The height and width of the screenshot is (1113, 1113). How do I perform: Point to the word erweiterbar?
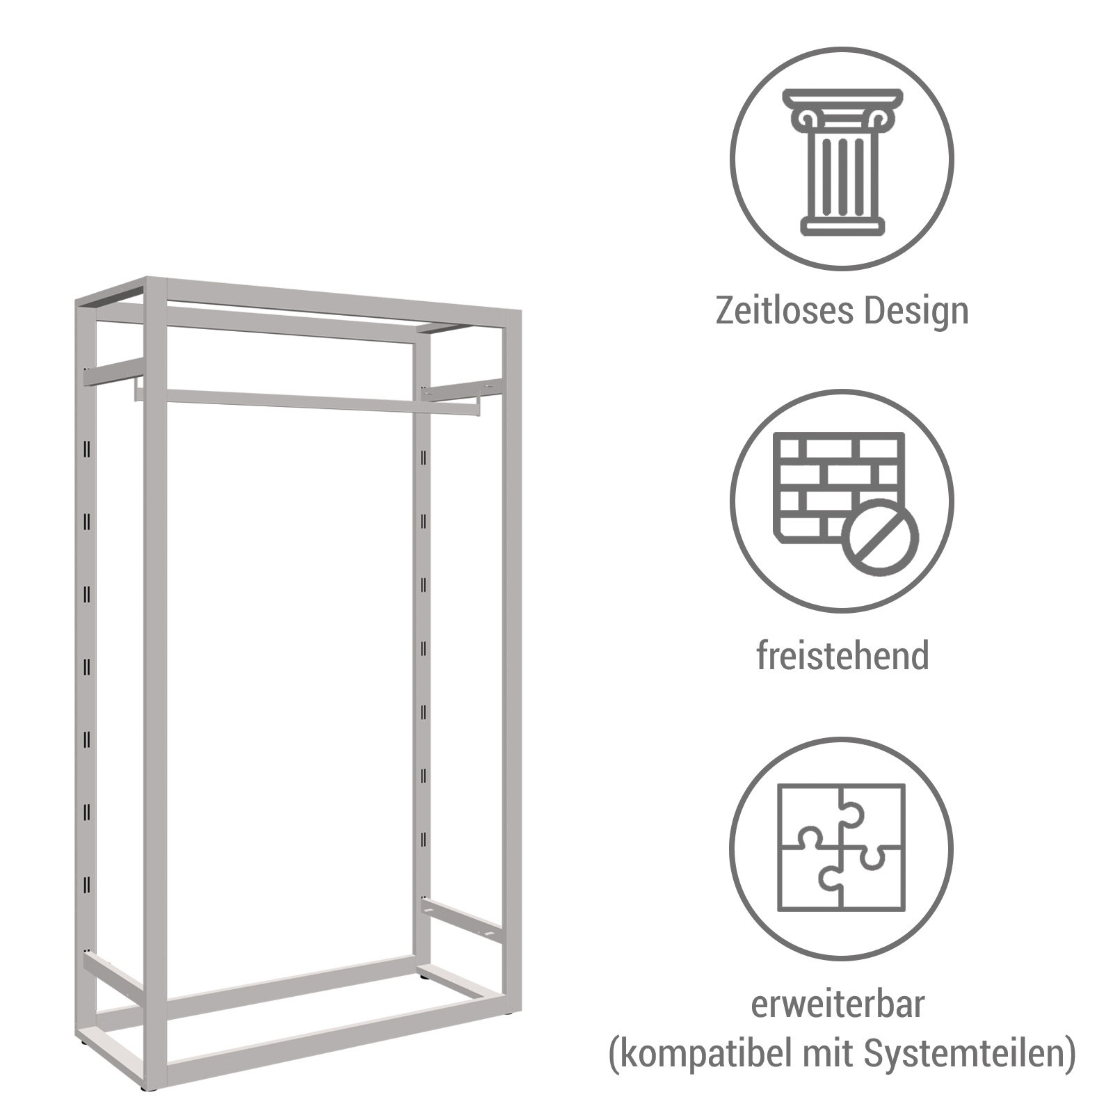(838, 1004)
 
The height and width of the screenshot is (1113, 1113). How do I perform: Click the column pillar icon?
(842, 161)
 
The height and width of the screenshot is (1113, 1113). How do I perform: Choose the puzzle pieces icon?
(842, 847)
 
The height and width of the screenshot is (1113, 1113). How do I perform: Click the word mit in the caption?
(828, 1054)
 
